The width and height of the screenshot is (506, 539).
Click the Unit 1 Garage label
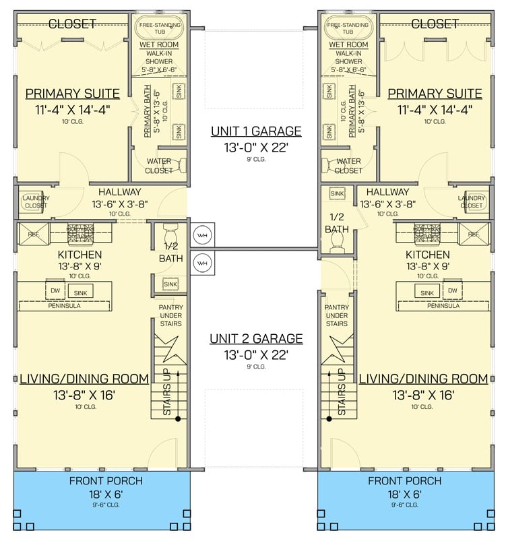[255, 131]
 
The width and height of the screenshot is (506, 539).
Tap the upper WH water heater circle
[202, 235]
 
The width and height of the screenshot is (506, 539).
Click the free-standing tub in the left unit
[160, 28]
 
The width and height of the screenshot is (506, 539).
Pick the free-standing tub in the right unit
[348, 28]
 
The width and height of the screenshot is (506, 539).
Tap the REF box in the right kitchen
[472, 234]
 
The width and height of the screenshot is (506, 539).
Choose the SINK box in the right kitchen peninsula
[427, 292]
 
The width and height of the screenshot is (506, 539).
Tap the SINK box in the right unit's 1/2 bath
[337, 194]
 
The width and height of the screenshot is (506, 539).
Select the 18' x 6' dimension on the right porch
[404, 495]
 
